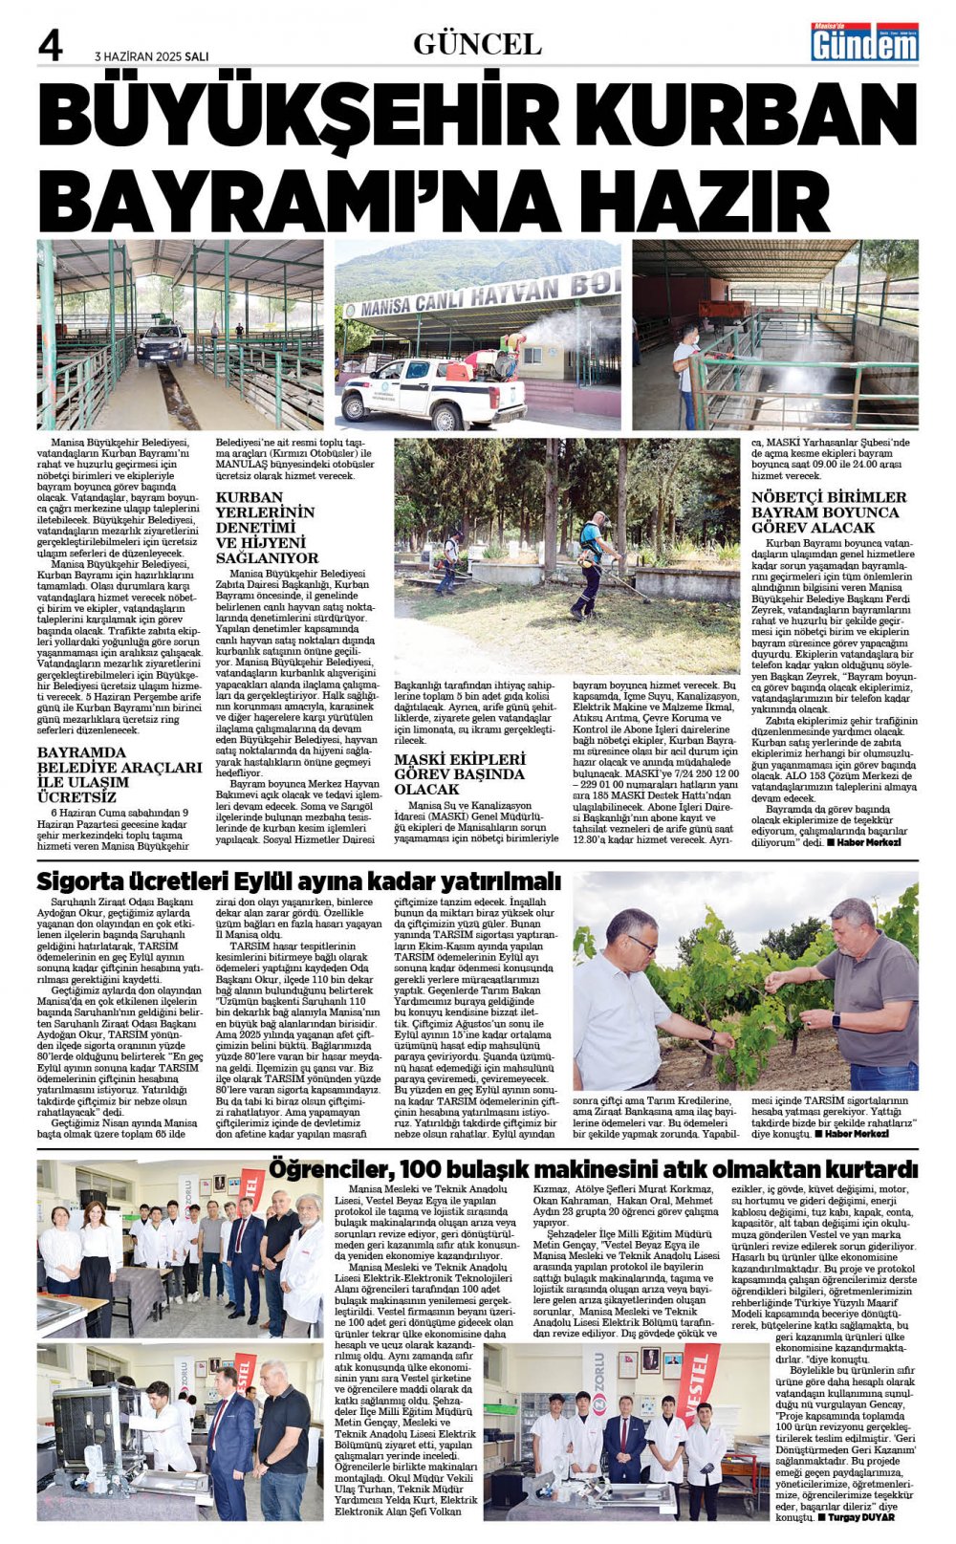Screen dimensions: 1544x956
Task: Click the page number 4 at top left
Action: tap(51, 45)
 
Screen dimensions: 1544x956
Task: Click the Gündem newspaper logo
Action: tap(864, 42)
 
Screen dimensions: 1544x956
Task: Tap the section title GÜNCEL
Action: tap(477, 43)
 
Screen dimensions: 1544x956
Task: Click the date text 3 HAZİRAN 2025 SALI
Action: tap(152, 55)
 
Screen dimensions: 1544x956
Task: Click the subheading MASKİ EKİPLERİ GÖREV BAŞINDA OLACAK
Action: tap(460, 773)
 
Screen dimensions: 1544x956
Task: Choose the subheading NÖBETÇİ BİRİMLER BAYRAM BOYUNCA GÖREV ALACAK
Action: tap(828, 511)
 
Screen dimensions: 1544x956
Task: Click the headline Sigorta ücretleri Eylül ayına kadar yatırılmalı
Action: tap(298, 881)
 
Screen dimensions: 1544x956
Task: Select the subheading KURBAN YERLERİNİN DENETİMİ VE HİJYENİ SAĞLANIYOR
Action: tap(265, 527)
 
